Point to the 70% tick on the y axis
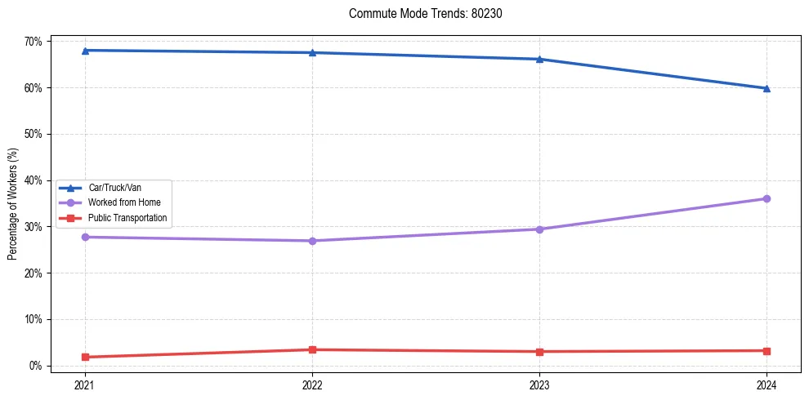pos(35,42)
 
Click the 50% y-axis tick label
pos(35,134)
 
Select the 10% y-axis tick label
pos(35,319)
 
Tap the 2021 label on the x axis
pos(85,384)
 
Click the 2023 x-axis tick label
pos(539,384)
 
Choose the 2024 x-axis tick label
pos(767,384)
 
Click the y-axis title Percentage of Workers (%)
pos(13,204)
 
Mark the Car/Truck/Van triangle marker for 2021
pos(85,51)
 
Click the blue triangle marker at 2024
pos(767,88)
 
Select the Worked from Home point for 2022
pos(312,241)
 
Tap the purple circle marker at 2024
pos(767,198)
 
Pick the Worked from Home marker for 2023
pos(539,229)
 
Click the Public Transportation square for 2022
pos(312,349)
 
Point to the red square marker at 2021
pos(85,357)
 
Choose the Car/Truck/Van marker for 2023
pos(539,59)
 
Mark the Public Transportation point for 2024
pos(767,351)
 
